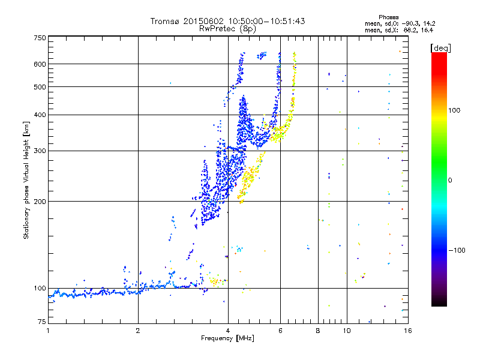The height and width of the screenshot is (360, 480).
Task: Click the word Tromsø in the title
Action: pyautogui.click(x=165, y=21)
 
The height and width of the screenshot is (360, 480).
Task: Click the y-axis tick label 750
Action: pyautogui.click(x=40, y=37)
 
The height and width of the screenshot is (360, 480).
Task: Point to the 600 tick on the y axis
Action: pyautogui.click(x=40, y=64)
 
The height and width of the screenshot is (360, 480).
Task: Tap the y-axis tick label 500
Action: pyautogui.click(x=40, y=86)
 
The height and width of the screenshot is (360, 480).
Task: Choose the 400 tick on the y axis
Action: pyautogui.click(x=40, y=115)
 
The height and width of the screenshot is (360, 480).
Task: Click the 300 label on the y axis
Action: pyautogui.click(x=40, y=151)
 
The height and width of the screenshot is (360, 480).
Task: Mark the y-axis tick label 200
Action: pyautogui.click(x=40, y=201)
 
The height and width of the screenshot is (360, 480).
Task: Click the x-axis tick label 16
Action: pyautogui.click(x=407, y=331)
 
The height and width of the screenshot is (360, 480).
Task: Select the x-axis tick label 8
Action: pyautogui.click(x=318, y=331)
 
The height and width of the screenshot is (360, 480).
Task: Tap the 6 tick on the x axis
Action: pyautogui.click(x=281, y=331)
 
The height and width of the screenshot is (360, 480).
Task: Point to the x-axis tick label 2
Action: pyautogui.click(x=138, y=331)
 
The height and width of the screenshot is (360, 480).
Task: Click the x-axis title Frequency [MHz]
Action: pyautogui.click(x=227, y=339)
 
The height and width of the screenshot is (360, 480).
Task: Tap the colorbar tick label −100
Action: pyautogui.click(x=458, y=250)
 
